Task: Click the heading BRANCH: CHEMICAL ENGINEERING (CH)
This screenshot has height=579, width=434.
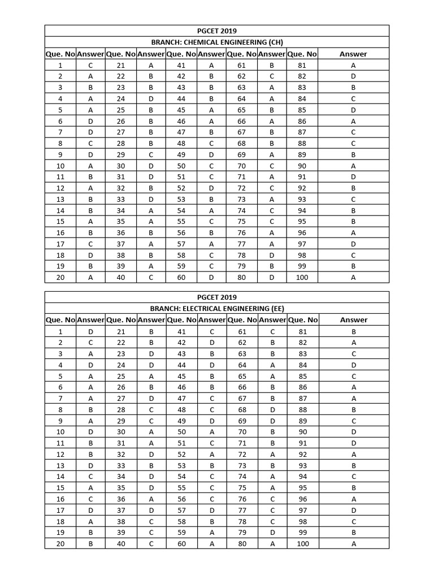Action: click(x=217, y=42)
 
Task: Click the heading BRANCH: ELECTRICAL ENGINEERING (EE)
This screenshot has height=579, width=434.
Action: click(x=217, y=309)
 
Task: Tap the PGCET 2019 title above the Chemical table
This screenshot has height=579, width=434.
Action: click(x=217, y=31)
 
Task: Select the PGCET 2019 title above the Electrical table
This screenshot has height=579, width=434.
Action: click(x=217, y=297)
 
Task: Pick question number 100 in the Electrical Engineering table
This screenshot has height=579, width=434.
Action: click(x=303, y=543)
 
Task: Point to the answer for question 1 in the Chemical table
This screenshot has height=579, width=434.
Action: click(x=90, y=65)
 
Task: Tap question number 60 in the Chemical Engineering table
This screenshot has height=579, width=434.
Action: click(x=181, y=277)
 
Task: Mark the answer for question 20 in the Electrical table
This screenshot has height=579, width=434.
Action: click(x=90, y=543)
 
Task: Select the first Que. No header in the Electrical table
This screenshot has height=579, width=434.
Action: click(x=60, y=320)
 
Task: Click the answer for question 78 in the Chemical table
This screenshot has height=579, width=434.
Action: click(x=272, y=255)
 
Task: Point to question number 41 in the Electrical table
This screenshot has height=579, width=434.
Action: click(x=181, y=331)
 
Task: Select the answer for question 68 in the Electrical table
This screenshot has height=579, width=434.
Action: click(x=272, y=409)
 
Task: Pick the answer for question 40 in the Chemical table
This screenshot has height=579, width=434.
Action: click(x=151, y=277)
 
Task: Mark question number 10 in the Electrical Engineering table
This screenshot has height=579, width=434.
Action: click(x=60, y=432)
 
